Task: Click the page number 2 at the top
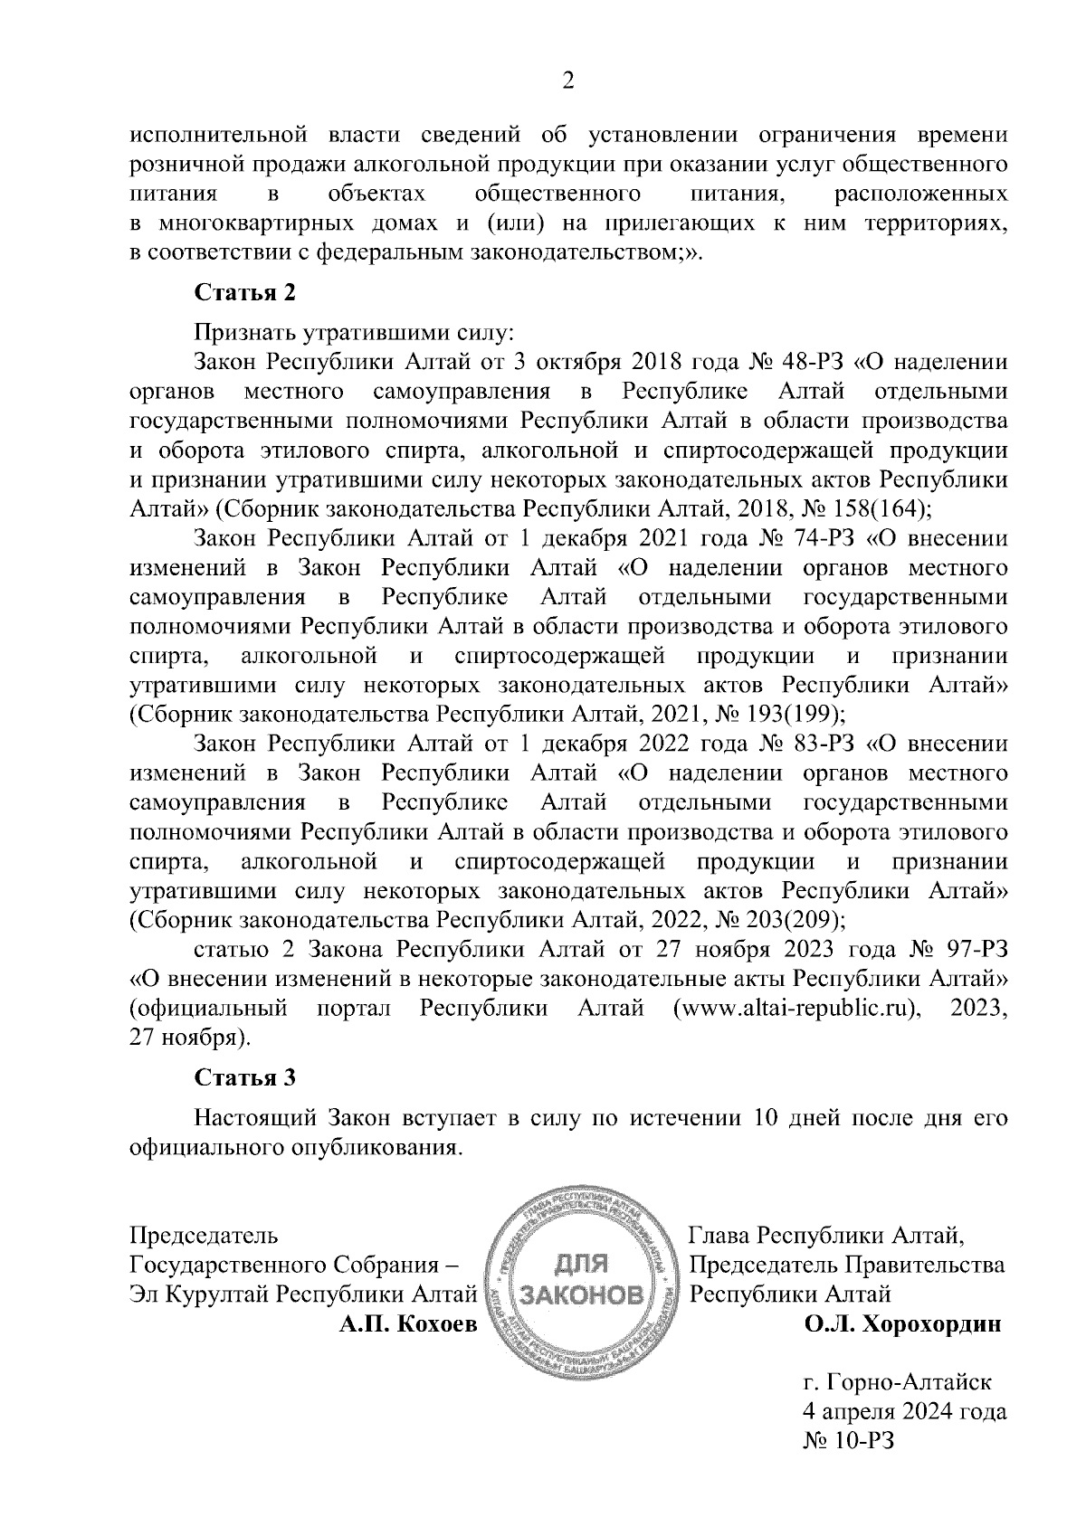point(568,81)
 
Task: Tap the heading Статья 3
point(244,1077)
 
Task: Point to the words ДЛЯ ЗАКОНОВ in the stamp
point(579,1279)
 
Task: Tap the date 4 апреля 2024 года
point(905,1411)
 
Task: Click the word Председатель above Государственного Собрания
point(205,1236)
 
